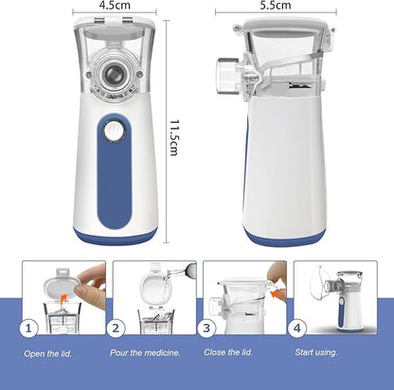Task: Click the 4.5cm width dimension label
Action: click(x=115, y=6)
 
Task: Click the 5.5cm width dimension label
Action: click(x=276, y=6)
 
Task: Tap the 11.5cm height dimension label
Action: click(x=174, y=138)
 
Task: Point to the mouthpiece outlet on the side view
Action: click(x=227, y=76)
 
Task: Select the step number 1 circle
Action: click(x=28, y=328)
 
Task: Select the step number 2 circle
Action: click(x=116, y=328)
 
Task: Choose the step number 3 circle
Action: click(x=206, y=328)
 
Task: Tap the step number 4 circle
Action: click(x=297, y=328)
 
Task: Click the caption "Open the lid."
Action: click(x=48, y=354)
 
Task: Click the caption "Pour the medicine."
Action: click(x=145, y=353)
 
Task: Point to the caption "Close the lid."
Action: click(x=228, y=352)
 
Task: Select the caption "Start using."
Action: click(x=316, y=352)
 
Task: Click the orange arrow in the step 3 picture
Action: click(x=278, y=295)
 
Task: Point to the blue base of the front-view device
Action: click(x=116, y=237)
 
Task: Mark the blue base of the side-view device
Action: click(x=284, y=239)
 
